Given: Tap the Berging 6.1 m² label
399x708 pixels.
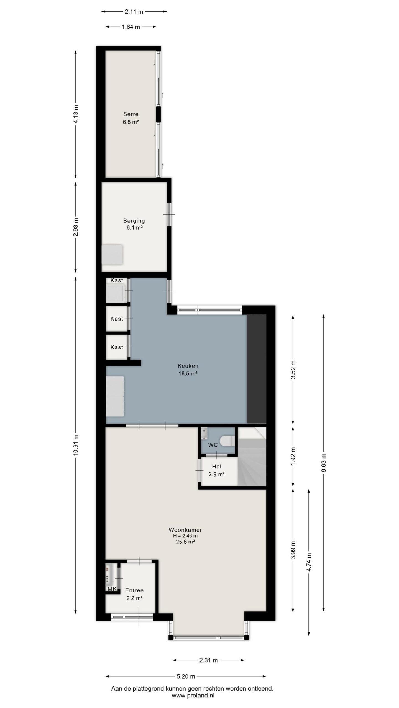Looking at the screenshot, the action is [x=134, y=224].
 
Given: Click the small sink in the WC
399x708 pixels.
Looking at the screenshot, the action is [x=204, y=433].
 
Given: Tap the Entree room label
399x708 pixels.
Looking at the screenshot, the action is [x=134, y=590].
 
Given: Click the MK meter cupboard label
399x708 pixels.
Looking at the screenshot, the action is [x=112, y=589].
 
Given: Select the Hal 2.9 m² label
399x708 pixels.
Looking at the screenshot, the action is [x=216, y=470].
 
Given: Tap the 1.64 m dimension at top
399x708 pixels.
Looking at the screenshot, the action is [x=131, y=27].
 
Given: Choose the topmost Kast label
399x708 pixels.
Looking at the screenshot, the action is [x=117, y=280].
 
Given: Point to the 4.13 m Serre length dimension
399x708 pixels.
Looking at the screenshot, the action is [x=76, y=114].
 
